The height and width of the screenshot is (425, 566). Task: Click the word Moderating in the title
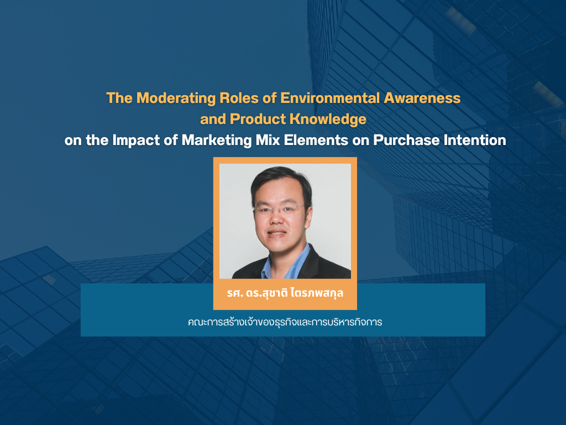click(x=176, y=99)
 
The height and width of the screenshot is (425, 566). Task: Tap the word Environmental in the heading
click(x=330, y=98)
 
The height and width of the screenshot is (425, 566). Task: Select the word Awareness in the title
click(x=422, y=98)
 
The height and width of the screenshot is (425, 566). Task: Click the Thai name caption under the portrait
click(x=285, y=293)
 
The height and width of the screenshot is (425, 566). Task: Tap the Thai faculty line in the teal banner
click(x=285, y=322)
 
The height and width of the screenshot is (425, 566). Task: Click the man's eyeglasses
click(x=280, y=209)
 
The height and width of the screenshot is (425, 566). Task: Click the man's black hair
click(x=281, y=181)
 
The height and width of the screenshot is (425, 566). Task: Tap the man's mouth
click(x=277, y=233)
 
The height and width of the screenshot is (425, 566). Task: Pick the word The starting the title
click(x=119, y=98)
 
